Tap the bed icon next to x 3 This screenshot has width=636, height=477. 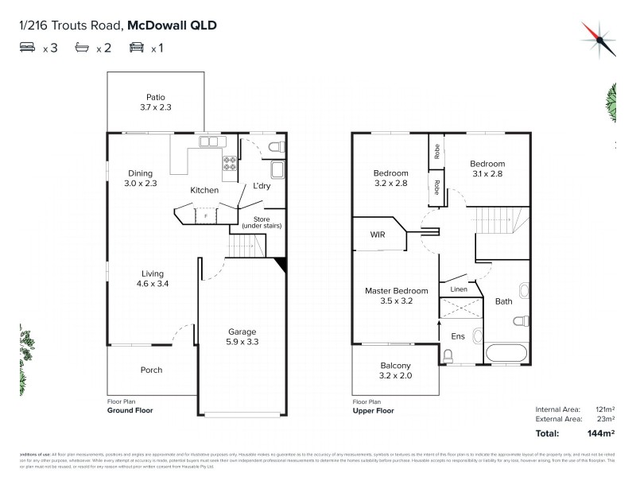(x=28, y=48)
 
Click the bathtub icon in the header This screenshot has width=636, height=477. (x=81, y=48)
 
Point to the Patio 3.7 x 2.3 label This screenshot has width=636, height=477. (x=155, y=102)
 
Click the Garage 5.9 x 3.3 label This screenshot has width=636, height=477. (x=242, y=336)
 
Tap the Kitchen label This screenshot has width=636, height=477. (x=204, y=191)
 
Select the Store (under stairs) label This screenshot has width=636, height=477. (x=261, y=222)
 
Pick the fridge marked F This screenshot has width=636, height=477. (x=206, y=215)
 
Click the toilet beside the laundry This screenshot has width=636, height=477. (x=275, y=146)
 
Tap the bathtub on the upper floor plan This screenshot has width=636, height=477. (x=505, y=353)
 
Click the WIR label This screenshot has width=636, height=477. (x=378, y=235)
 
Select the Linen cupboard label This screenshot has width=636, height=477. (x=459, y=289)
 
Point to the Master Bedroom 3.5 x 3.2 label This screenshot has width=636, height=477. (x=397, y=296)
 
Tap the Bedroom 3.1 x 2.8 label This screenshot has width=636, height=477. (x=487, y=169)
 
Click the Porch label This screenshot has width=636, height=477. (x=151, y=370)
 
